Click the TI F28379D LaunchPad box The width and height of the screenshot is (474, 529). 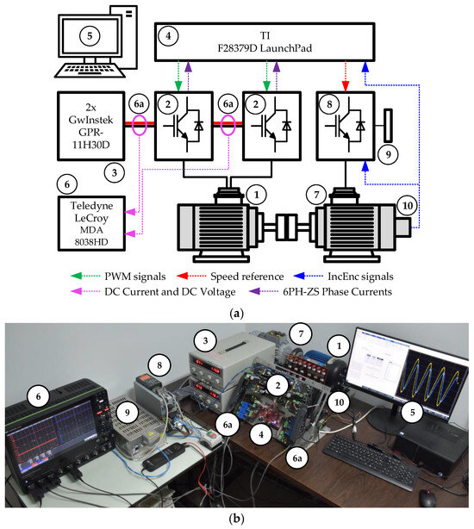coord(265,42)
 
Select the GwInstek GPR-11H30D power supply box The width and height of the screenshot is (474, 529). coord(91,126)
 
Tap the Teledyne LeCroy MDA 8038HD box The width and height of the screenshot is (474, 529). coord(91,223)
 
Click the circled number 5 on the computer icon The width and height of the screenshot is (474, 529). coord(90,36)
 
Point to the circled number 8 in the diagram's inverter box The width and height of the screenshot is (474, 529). coord(329,104)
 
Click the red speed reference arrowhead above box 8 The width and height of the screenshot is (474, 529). coord(345,86)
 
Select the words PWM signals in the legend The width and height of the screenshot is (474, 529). coord(135,277)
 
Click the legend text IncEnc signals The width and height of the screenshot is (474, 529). coord(360,277)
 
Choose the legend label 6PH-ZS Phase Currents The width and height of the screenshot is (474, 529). coord(337,292)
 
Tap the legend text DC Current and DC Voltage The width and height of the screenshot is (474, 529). coord(170,292)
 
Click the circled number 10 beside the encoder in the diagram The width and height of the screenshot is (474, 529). coord(407,205)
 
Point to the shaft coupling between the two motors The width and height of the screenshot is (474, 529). coord(287,227)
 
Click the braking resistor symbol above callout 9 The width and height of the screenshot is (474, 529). coord(389,125)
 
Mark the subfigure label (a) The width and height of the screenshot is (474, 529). coord(236,314)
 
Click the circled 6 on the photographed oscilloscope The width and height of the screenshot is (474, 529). coord(38,396)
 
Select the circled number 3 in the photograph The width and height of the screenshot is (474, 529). coord(205,340)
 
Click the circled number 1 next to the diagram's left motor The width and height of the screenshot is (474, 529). coord(257,195)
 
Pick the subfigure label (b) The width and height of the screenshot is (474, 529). coord(236,518)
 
